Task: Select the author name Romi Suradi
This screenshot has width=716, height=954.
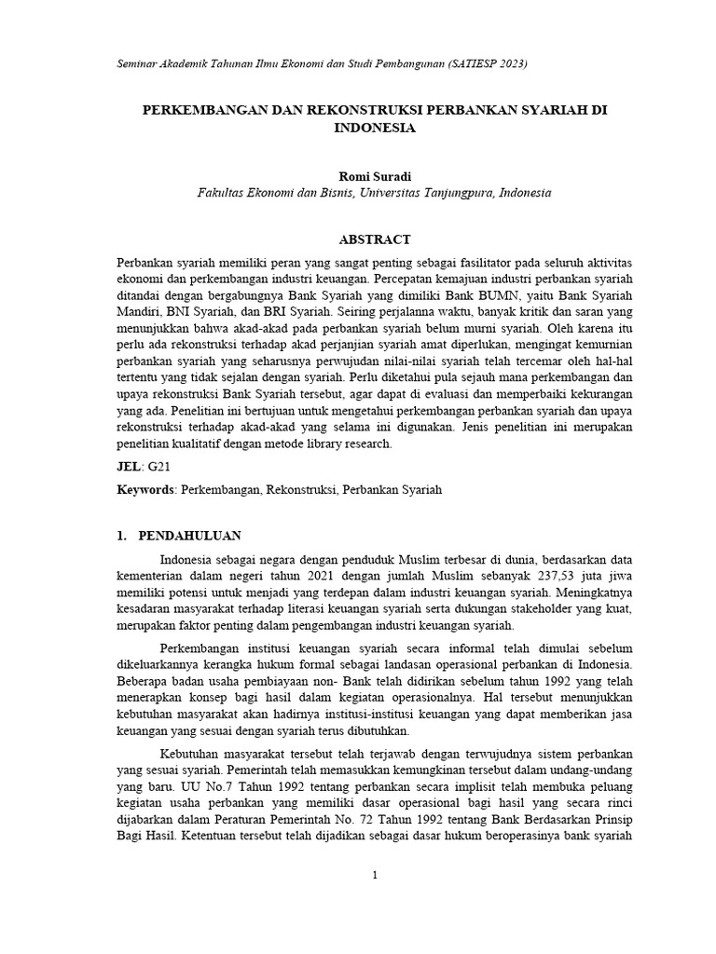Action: coord(374,175)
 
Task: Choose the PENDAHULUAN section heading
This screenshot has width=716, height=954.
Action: coord(189,536)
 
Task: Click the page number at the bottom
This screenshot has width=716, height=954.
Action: coord(374,876)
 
